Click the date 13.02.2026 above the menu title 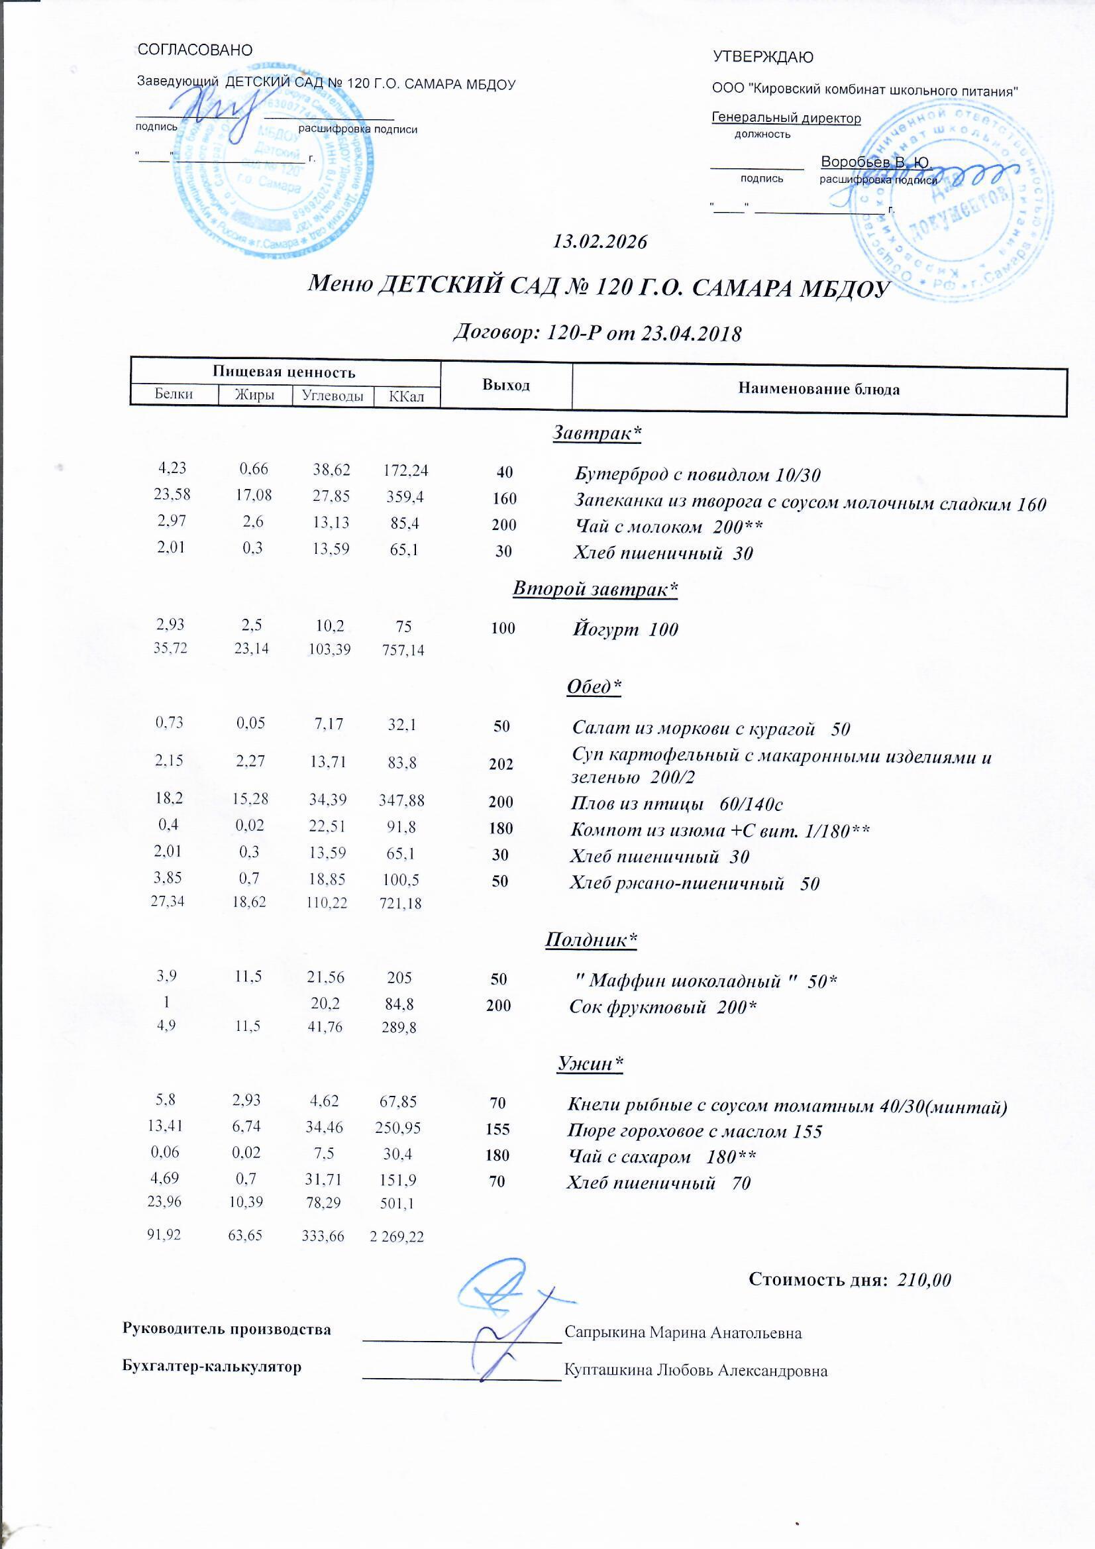(x=600, y=242)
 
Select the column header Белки (x=174, y=395)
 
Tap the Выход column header (x=505, y=385)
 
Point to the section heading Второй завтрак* (x=595, y=589)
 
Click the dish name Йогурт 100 (x=625, y=629)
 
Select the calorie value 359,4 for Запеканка (x=404, y=497)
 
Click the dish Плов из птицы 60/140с (x=676, y=804)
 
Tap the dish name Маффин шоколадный (x=703, y=981)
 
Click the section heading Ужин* (x=590, y=1064)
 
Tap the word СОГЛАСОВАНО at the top (x=195, y=50)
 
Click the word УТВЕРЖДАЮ (x=762, y=58)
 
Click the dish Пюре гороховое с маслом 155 (x=696, y=1132)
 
